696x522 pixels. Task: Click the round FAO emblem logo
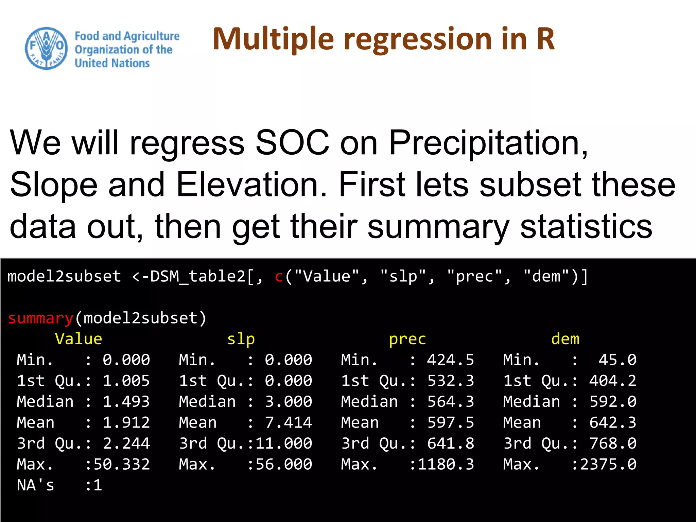click(46, 48)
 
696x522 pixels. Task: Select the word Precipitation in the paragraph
click(488, 143)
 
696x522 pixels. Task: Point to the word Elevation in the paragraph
click(251, 185)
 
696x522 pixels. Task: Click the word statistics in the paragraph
click(586, 227)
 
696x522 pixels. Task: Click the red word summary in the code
click(40, 318)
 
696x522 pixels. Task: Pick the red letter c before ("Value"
click(279, 276)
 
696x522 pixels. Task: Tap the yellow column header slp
click(241, 339)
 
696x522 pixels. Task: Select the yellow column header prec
click(407, 339)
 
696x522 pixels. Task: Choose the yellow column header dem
click(565, 339)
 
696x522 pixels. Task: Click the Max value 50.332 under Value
click(122, 464)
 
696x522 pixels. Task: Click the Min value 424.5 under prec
click(450, 360)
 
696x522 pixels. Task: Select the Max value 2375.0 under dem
click(608, 464)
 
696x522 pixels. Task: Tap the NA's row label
click(35, 485)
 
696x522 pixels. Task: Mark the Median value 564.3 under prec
click(450, 401)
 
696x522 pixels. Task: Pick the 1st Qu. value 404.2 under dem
click(612, 381)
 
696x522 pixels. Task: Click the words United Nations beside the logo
click(112, 63)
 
